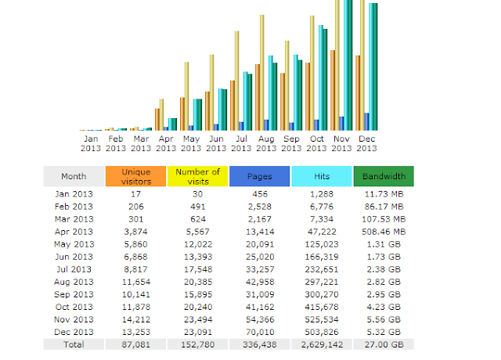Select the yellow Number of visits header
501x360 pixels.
coord(197,176)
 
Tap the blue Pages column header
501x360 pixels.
coord(259,176)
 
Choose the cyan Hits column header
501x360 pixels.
coord(321,176)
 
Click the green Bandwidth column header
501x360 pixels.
coord(384,176)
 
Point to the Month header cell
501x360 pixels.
coord(74,176)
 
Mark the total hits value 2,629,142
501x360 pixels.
coord(321,343)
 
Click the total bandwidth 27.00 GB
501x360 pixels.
coord(384,343)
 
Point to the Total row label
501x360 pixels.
coord(74,343)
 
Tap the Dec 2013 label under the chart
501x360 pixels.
coord(366,143)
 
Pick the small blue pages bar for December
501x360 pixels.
coord(366,121)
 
